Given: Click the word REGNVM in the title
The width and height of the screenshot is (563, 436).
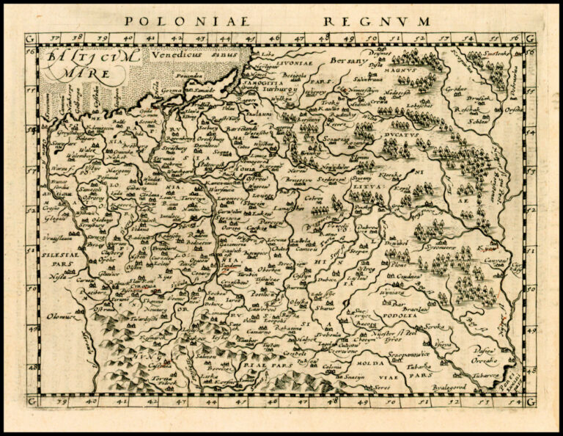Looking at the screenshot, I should [377, 21].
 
